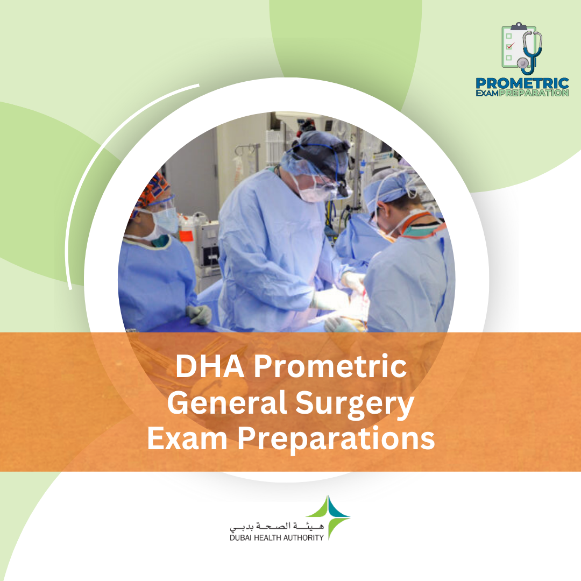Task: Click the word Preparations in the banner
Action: [x=337, y=440]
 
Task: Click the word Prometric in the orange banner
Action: [x=330, y=367]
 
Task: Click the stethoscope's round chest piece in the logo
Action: [x=523, y=63]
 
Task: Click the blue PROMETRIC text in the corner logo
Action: [x=521, y=83]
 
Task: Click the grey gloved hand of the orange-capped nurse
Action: [x=199, y=314]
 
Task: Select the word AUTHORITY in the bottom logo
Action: [x=304, y=537]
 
